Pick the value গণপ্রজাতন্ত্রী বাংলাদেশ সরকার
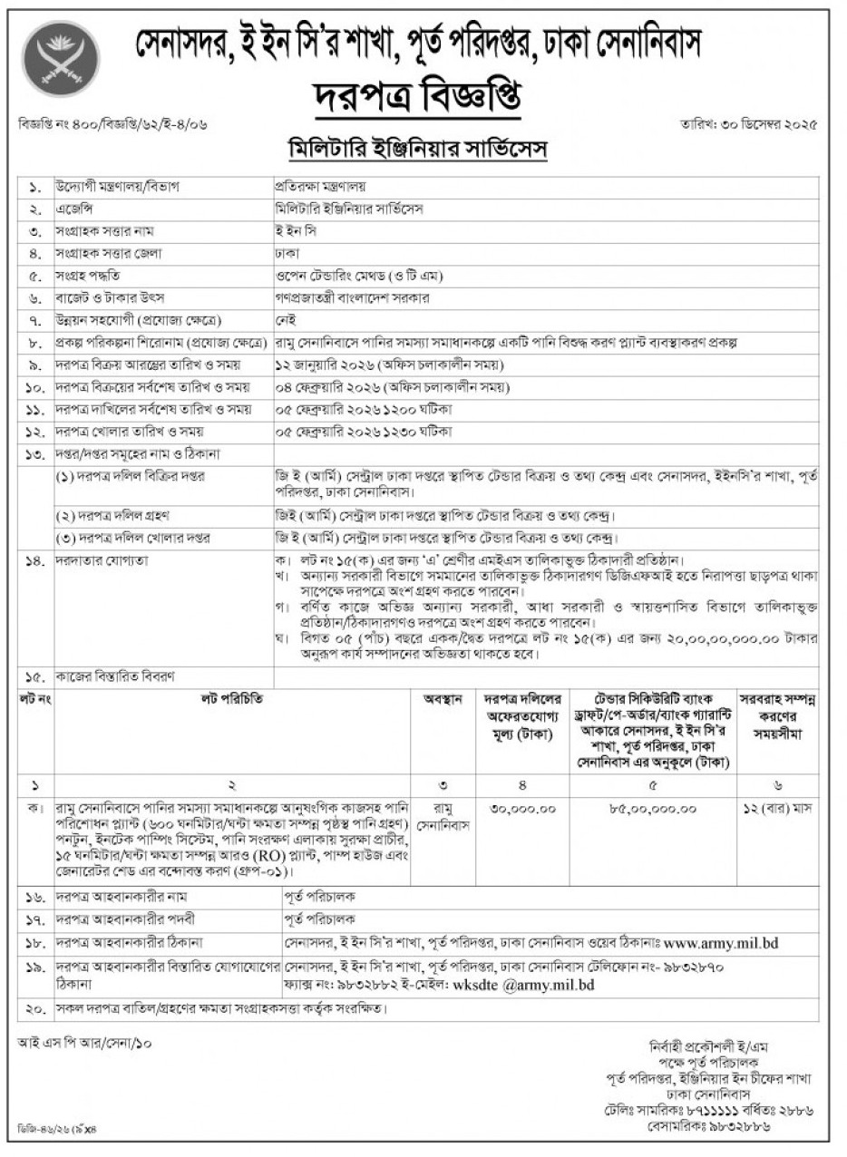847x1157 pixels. [353, 297]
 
